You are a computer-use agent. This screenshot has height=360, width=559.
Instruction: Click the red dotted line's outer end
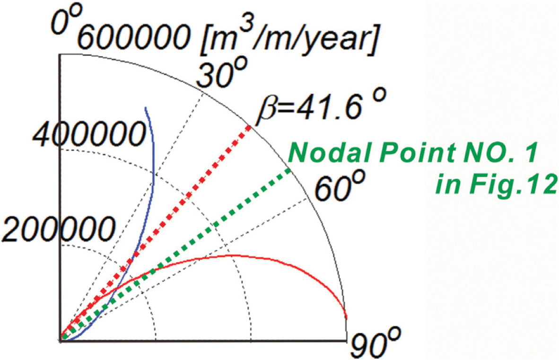coord(250,127)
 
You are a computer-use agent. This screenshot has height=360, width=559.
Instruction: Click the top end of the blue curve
coord(146,108)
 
